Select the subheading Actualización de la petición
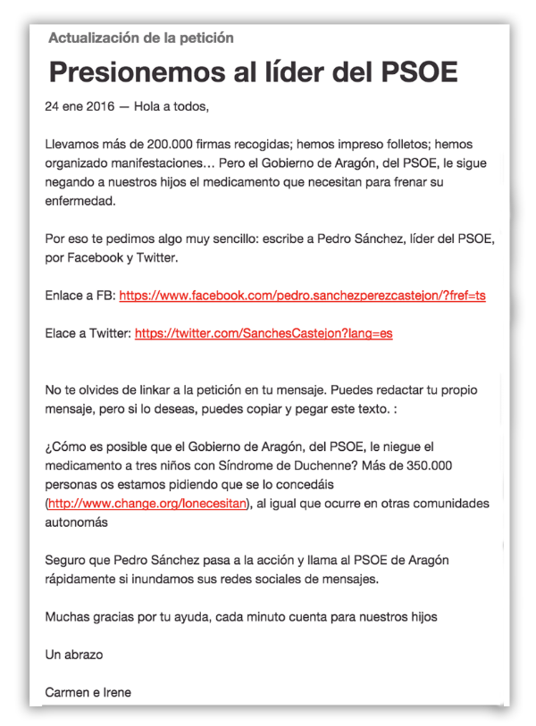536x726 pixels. (141, 38)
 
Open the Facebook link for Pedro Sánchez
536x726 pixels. (302, 295)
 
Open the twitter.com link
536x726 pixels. (263, 333)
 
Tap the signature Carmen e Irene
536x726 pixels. (88, 692)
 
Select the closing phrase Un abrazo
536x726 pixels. (74, 655)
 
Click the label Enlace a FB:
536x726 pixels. (80, 295)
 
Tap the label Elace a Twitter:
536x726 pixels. (87, 333)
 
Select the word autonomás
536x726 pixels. (78, 522)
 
